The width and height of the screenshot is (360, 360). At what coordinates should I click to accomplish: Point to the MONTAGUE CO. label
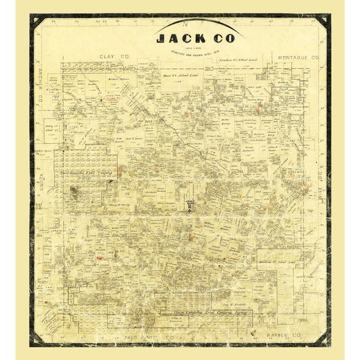tap(297, 59)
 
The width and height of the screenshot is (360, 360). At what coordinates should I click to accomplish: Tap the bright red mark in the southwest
tap(99, 258)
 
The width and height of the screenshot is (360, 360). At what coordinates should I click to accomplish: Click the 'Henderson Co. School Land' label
tap(284, 261)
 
